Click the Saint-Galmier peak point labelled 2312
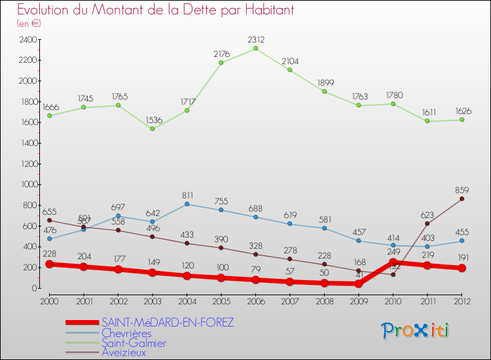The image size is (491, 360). pos(255,48)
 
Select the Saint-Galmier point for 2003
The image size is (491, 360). pos(152,128)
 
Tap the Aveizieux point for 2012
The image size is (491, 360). pos(462,199)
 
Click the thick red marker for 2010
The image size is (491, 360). pos(393,262)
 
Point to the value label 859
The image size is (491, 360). pos(462,189)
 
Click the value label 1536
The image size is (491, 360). pos(152,119)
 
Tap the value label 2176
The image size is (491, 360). pos(221,54)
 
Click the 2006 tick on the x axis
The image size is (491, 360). pos(255,300)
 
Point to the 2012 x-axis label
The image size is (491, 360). pos(462,300)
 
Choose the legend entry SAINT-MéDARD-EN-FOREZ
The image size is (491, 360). pos(167,323)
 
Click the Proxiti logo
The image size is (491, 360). pos(416,331)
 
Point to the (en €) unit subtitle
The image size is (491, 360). pos(29,23)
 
